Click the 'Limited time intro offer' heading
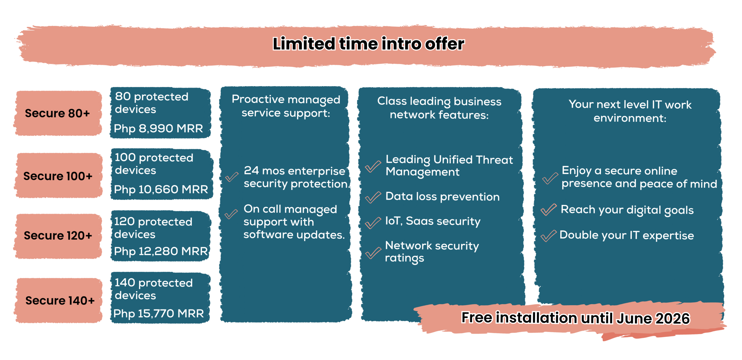coord(368,44)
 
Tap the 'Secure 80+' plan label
coord(57,113)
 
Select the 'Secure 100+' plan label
coord(58,176)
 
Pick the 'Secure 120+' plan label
coord(58,236)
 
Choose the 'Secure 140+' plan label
coord(60,301)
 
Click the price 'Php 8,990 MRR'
coord(158,128)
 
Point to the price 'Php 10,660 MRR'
coord(161,190)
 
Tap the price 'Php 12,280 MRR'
coord(161,251)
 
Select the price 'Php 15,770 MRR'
coord(159,314)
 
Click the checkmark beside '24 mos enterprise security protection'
coord(232,177)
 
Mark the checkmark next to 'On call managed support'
coord(231,214)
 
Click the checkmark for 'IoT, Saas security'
coord(373,223)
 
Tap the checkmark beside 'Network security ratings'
coord(373,253)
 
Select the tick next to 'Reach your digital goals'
coord(549,210)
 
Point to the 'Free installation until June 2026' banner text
coord(575,318)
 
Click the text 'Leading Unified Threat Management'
coord(449,166)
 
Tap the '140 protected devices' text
coord(154,289)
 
